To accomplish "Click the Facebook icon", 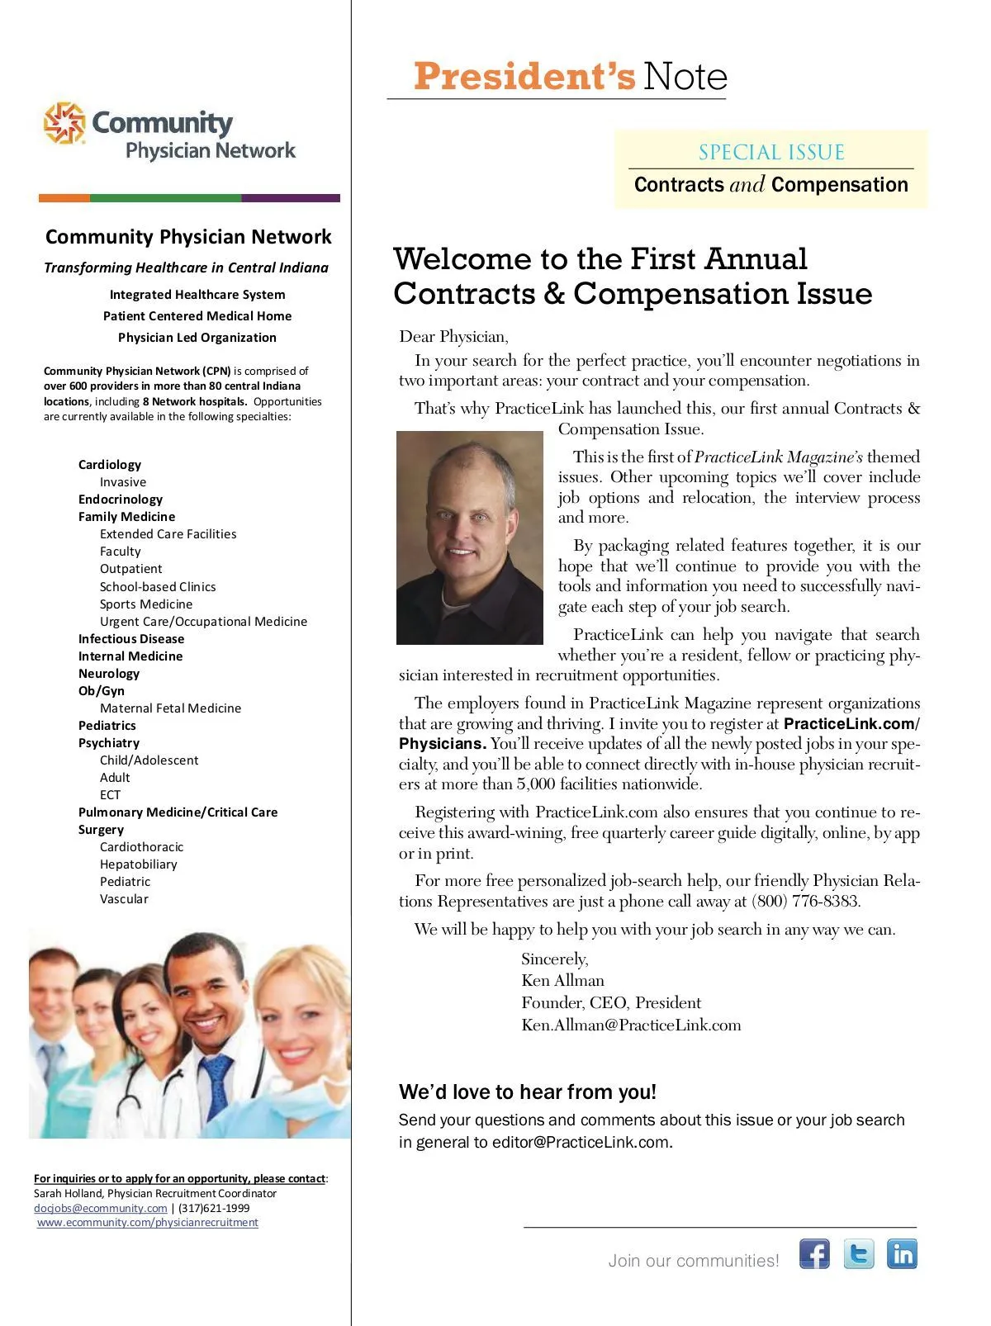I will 814,1253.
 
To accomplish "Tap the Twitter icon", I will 859,1253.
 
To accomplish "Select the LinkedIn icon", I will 902,1253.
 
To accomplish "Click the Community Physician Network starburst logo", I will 64,123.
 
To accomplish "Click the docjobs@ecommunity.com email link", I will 100,1208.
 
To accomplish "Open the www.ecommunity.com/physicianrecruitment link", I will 148,1223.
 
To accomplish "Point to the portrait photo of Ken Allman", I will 469,538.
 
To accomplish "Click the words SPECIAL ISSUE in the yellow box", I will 771,153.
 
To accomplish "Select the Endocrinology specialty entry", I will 121,500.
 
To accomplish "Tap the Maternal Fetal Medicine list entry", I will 170,708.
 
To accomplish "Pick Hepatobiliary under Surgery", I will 138,864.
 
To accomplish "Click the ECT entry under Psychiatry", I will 110,795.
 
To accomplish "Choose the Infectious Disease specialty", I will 131,639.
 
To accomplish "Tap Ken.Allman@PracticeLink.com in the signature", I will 631,1025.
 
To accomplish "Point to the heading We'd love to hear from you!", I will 527,1092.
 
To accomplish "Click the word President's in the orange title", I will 524,77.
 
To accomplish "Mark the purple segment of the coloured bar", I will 290,198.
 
